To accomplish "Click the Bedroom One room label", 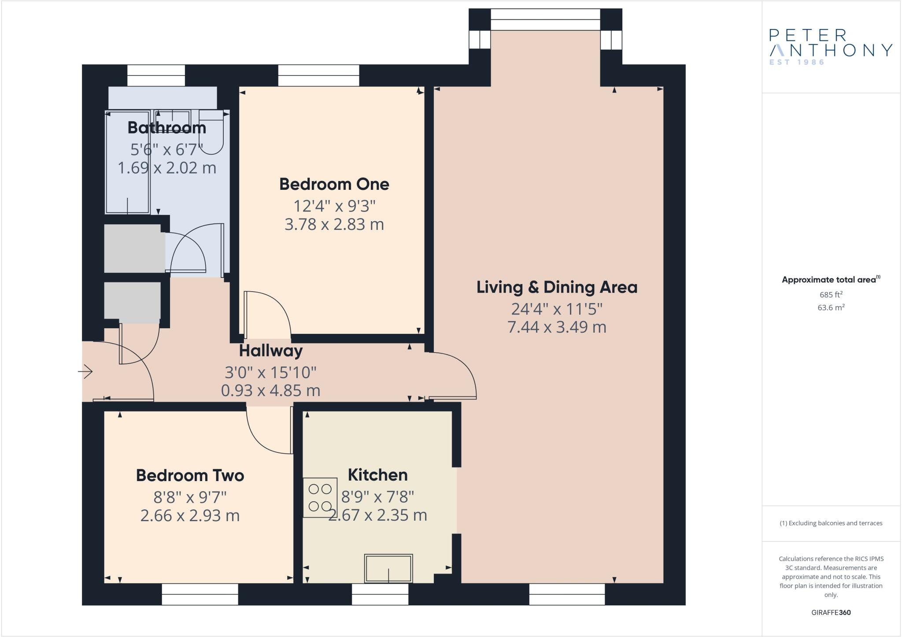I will point(334,184).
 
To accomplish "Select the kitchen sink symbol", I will point(388,568).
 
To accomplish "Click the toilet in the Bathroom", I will point(212,132).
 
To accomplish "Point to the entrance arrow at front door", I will point(85,372).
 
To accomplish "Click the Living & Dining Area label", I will point(557,287).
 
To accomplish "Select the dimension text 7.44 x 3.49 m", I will point(557,327).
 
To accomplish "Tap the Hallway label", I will point(270,351).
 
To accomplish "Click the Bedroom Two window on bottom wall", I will point(200,594).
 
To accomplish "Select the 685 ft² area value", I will point(831,295).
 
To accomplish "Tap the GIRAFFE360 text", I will point(831,612).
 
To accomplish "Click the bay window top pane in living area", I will point(545,19).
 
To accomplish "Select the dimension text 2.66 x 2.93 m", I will point(190,515).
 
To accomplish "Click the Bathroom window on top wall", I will point(156,75).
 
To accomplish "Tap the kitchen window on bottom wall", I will point(380,594).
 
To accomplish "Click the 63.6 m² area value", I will point(831,307).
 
